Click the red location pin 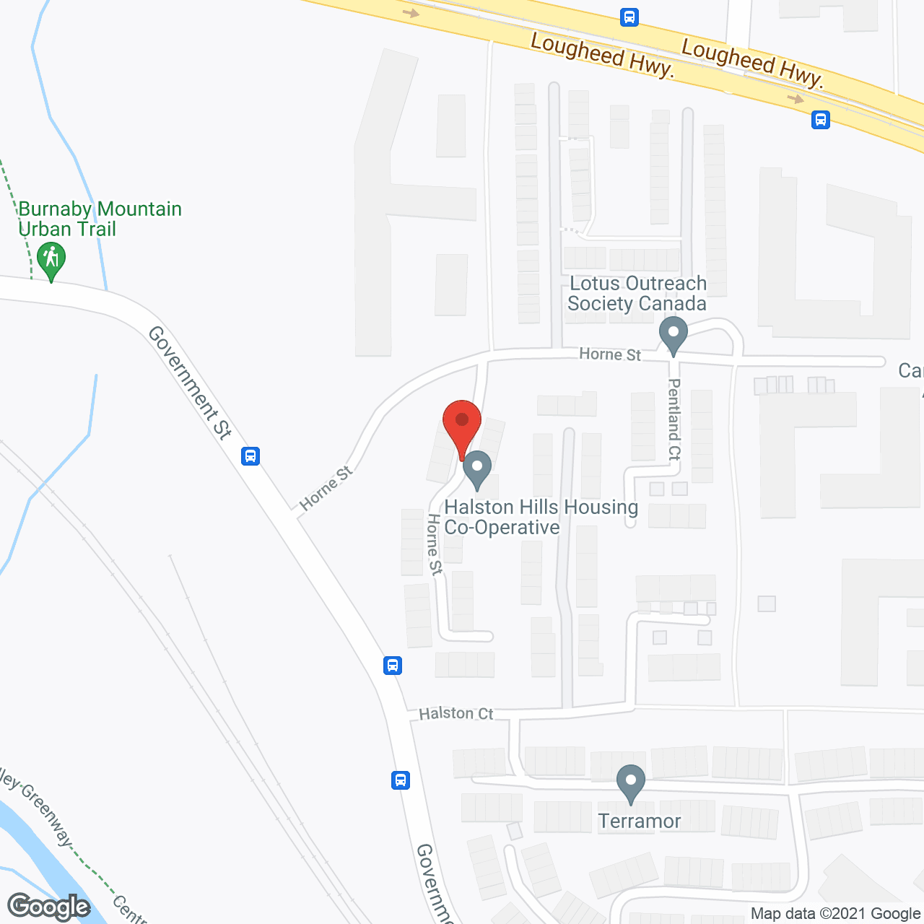pos(462,422)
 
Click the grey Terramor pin pos(631,783)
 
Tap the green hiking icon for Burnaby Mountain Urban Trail pos(51,260)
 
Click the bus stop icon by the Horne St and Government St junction pos(250,456)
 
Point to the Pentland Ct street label pos(674,419)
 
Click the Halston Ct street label pos(456,713)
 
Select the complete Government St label pos(190,383)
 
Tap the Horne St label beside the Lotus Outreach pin pos(610,354)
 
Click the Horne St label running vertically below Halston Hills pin pos(435,544)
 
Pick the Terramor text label pos(640,821)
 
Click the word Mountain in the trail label pos(140,209)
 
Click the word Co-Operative pos(502,528)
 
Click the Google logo pos(49,907)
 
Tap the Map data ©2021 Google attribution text pos(835,914)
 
